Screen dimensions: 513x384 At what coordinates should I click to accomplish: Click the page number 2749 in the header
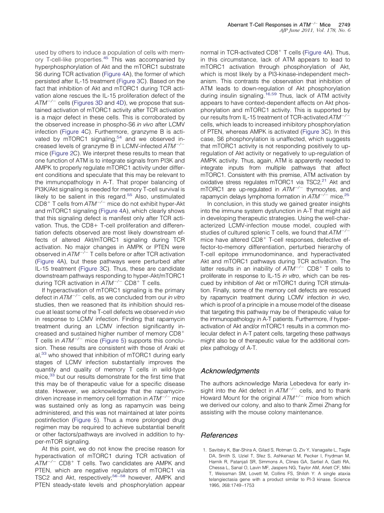pyautogui.click(x=343, y=24)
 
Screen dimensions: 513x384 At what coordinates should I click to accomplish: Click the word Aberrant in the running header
pyautogui.click(x=241, y=24)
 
